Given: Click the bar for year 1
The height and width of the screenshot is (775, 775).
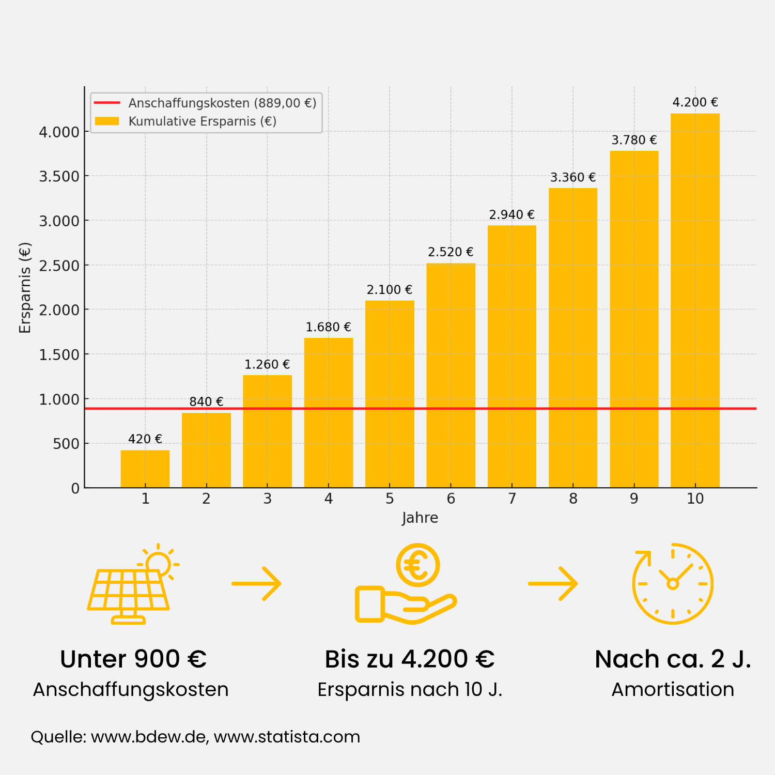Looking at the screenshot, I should click(x=145, y=469).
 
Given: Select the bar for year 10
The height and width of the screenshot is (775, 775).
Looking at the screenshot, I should click(x=695, y=300).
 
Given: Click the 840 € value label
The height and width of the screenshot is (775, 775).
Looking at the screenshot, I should click(x=206, y=401).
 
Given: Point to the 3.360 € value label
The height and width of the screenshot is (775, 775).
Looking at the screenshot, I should click(x=573, y=177).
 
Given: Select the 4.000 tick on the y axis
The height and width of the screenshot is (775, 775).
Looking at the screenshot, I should click(x=59, y=132).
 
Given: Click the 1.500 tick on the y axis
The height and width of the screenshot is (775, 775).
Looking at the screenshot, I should click(x=59, y=354).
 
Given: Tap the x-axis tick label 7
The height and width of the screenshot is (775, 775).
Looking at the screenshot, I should click(x=512, y=499).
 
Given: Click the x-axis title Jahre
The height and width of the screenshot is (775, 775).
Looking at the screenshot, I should click(x=420, y=518).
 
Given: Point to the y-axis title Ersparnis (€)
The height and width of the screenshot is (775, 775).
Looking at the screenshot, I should click(x=25, y=288).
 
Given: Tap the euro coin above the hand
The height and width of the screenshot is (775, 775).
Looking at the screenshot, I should click(x=418, y=565).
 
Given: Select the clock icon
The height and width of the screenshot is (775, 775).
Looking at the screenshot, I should click(x=673, y=584).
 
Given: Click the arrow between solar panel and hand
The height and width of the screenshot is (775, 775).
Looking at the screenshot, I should click(x=256, y=584).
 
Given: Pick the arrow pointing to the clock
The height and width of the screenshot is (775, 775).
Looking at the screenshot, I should click(x=553, y=584).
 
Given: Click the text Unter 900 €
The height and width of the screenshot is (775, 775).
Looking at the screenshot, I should click(x=133, y=659).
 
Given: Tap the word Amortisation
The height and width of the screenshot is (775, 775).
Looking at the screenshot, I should click(x=673, y=690).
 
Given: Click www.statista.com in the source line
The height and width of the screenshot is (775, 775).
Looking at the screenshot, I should click(x=287, y=737).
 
